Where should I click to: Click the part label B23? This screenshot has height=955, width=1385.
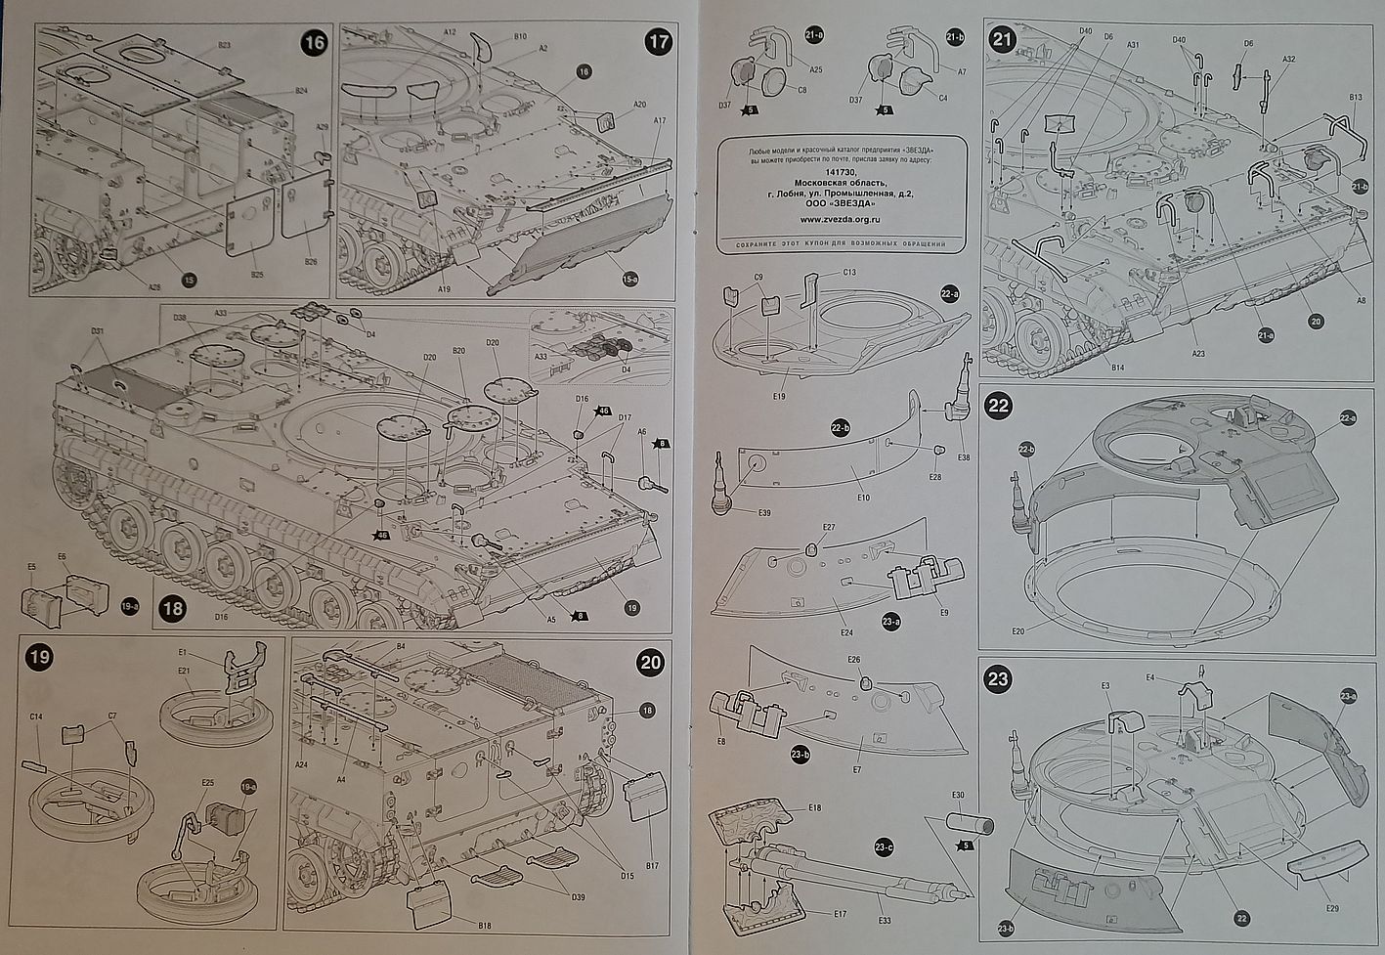224,46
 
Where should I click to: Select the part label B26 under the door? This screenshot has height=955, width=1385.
311,261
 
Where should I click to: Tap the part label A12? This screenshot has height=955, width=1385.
450,32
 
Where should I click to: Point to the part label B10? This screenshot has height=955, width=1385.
521,37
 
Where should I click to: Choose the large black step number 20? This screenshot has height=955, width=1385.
650,662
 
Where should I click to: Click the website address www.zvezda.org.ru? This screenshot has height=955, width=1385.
842,218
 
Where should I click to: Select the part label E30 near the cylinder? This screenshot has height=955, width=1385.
958,795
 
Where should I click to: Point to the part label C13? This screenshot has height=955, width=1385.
848,272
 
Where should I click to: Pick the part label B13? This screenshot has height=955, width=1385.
1355,98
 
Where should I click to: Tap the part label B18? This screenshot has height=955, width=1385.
486,924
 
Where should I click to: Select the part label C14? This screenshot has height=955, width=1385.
35,716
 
